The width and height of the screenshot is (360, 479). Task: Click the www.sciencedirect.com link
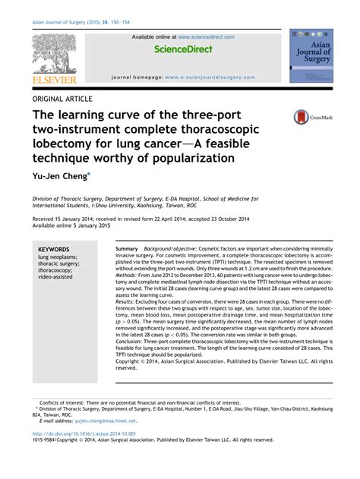206,36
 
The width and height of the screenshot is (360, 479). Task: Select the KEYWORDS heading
54,249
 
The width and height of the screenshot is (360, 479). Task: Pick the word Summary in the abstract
127,249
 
